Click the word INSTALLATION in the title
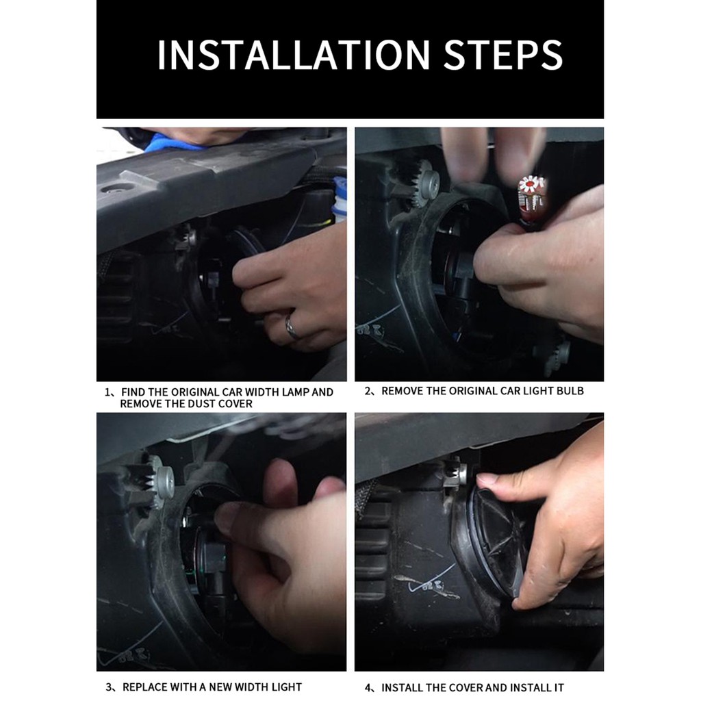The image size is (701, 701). coord(294,55)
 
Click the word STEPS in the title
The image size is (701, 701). coord(503,55)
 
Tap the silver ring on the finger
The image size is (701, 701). coord(292,327)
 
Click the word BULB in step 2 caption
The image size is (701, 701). coord(570,391)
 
